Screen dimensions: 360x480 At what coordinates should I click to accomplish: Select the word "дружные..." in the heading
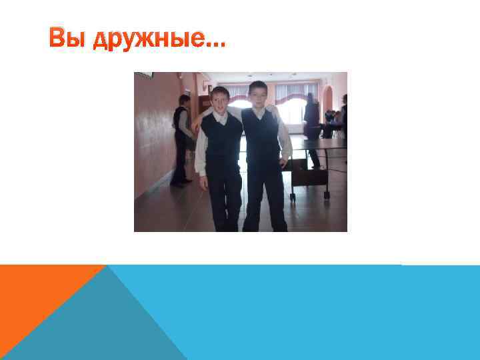click(x=159, y=40)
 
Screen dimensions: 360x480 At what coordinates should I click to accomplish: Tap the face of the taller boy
click(x=257, y=95)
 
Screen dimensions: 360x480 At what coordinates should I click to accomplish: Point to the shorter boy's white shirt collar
click(x=221, y=115)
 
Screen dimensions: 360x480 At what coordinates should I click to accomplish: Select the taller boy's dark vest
click(x=261, y=137)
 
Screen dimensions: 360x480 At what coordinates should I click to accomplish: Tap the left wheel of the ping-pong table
click(x=292, y=197)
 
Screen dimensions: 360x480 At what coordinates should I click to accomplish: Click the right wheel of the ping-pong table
click(x=326, y=195)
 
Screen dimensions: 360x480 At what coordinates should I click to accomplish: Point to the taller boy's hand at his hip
click(x=285, y=161)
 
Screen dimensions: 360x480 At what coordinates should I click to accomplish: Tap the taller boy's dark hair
click(x=257, y=85)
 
